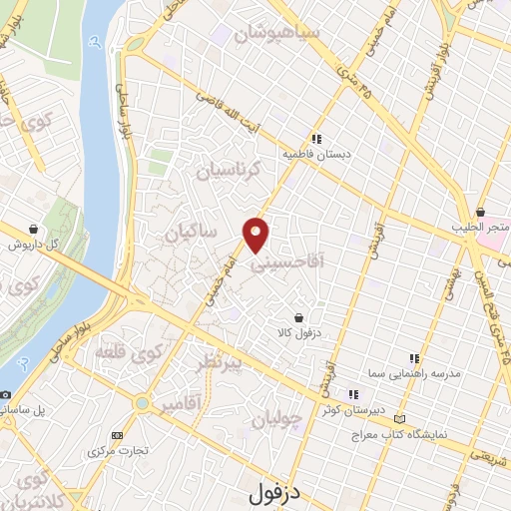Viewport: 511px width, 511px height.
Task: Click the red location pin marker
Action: (256, 234)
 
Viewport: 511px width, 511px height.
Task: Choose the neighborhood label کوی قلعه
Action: (129, 352)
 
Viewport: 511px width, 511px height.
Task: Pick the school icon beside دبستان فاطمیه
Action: (315, 140)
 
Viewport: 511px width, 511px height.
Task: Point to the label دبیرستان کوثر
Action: (343, 409)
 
